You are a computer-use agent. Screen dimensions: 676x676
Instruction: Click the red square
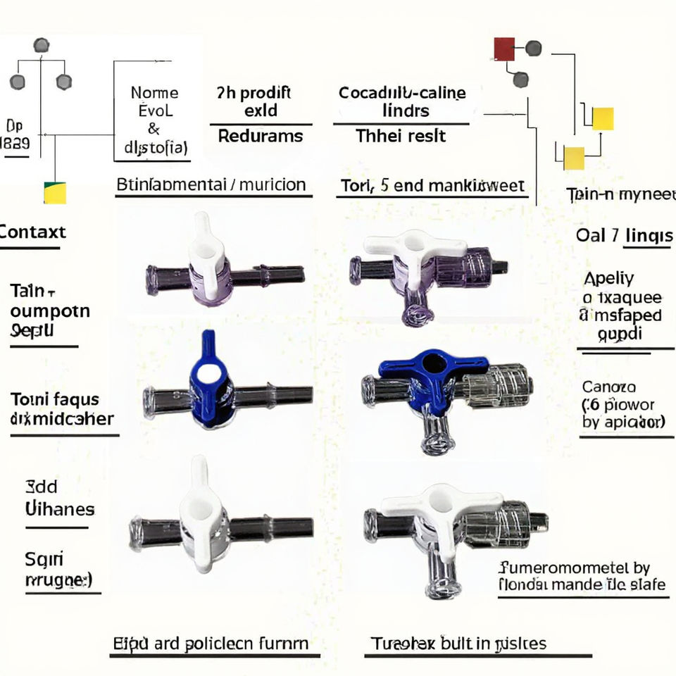[504, 49]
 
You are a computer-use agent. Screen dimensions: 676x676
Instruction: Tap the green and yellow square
[55, 192]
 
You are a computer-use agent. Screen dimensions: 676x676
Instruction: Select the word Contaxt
[32, 232]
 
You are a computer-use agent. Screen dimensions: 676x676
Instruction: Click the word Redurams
[261, 136]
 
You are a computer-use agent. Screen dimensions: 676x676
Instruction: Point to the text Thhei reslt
[401, 135]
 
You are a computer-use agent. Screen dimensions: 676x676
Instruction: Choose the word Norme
[154, 92]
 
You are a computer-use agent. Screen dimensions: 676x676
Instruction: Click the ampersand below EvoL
[154, 129]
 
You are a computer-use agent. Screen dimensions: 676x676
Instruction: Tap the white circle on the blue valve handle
[208, 373]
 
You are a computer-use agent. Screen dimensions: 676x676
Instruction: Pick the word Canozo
[609, 387]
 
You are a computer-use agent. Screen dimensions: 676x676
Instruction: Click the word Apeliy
[608, 278]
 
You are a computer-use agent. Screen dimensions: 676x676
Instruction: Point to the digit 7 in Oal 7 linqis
[615, 235]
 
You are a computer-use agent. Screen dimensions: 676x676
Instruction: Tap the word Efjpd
[130, 643]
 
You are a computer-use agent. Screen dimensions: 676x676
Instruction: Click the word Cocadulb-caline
[402, 92]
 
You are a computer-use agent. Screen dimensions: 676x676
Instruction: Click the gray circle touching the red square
[534, 48]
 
